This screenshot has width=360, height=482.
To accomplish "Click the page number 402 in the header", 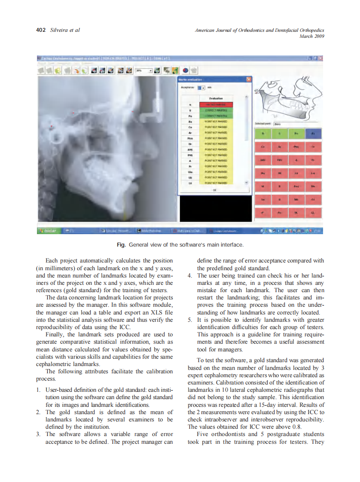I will [41, 30].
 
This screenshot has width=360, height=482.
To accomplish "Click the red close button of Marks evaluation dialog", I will [248, 79].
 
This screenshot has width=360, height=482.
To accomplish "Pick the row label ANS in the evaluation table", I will [189, 150].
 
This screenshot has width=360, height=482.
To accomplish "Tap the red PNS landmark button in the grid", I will [280, 160].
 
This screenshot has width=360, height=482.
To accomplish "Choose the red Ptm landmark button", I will [296, 147].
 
